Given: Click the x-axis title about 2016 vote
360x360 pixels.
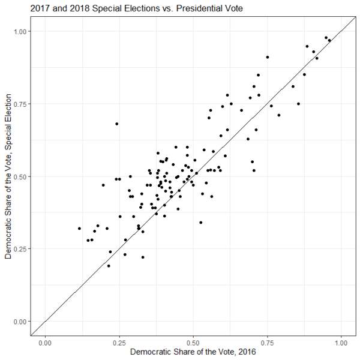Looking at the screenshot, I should pyautogui.click(x=193, y=352).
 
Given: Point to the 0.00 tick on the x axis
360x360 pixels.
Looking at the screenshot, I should pyautogui.click(x=44, y=342).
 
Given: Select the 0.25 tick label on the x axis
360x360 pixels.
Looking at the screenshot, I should pyautogui.click(x=119, y=342).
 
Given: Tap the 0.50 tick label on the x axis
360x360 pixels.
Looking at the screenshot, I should pyautogui.click(x=193, y=342).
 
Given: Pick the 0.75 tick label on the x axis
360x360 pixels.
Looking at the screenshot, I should pyautogui.click(x=268, y=342).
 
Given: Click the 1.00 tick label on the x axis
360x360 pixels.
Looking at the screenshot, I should pyautogui.click(x=342, y=342).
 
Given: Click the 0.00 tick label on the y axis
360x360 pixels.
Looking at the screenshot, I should pyautogui.click(x=20, y=322).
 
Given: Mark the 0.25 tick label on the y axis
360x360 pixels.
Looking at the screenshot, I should pyautogui.click(x=20, y=249).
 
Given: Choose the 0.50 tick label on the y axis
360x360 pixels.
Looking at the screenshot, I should pyautogui.click(x=20, y=176).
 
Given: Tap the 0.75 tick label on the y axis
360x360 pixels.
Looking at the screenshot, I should pyautogui.click(x=20, y=104).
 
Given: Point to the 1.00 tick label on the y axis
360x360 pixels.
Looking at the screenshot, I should pyautogui.click(x=20, y=31).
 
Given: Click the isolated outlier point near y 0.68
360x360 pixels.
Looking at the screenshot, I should pyautogui.click(x=116, y=124).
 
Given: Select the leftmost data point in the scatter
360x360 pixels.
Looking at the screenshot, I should pyautogui.click(x=79, y=228).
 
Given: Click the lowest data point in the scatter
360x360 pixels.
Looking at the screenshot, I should pyautogui.click(x=109, y=266).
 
